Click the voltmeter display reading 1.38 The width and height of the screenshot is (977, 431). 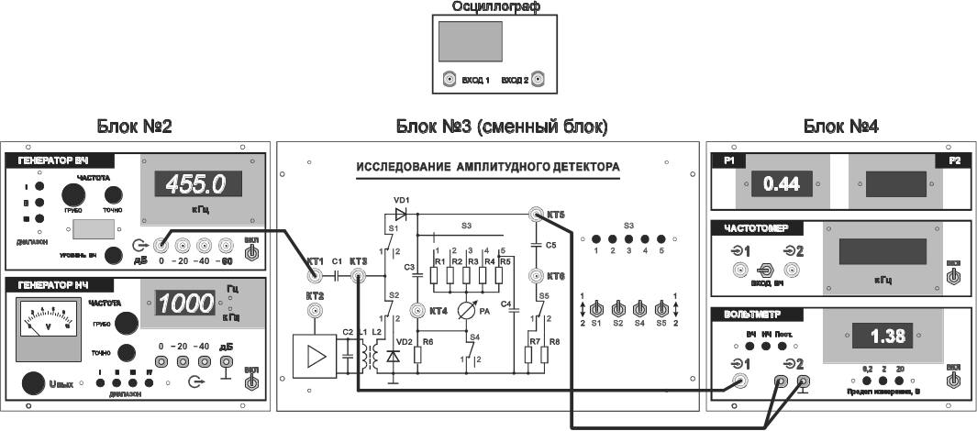coord(885,336)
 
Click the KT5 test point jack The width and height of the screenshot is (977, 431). coord(535,215)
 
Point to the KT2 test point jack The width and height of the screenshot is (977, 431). coord(314,312)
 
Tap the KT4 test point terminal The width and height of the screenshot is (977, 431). coord(417,311)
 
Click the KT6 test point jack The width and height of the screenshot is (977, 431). coord(535,275)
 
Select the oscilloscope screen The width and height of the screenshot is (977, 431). coord(471,41)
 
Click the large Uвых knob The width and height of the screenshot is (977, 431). coord(36,384)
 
